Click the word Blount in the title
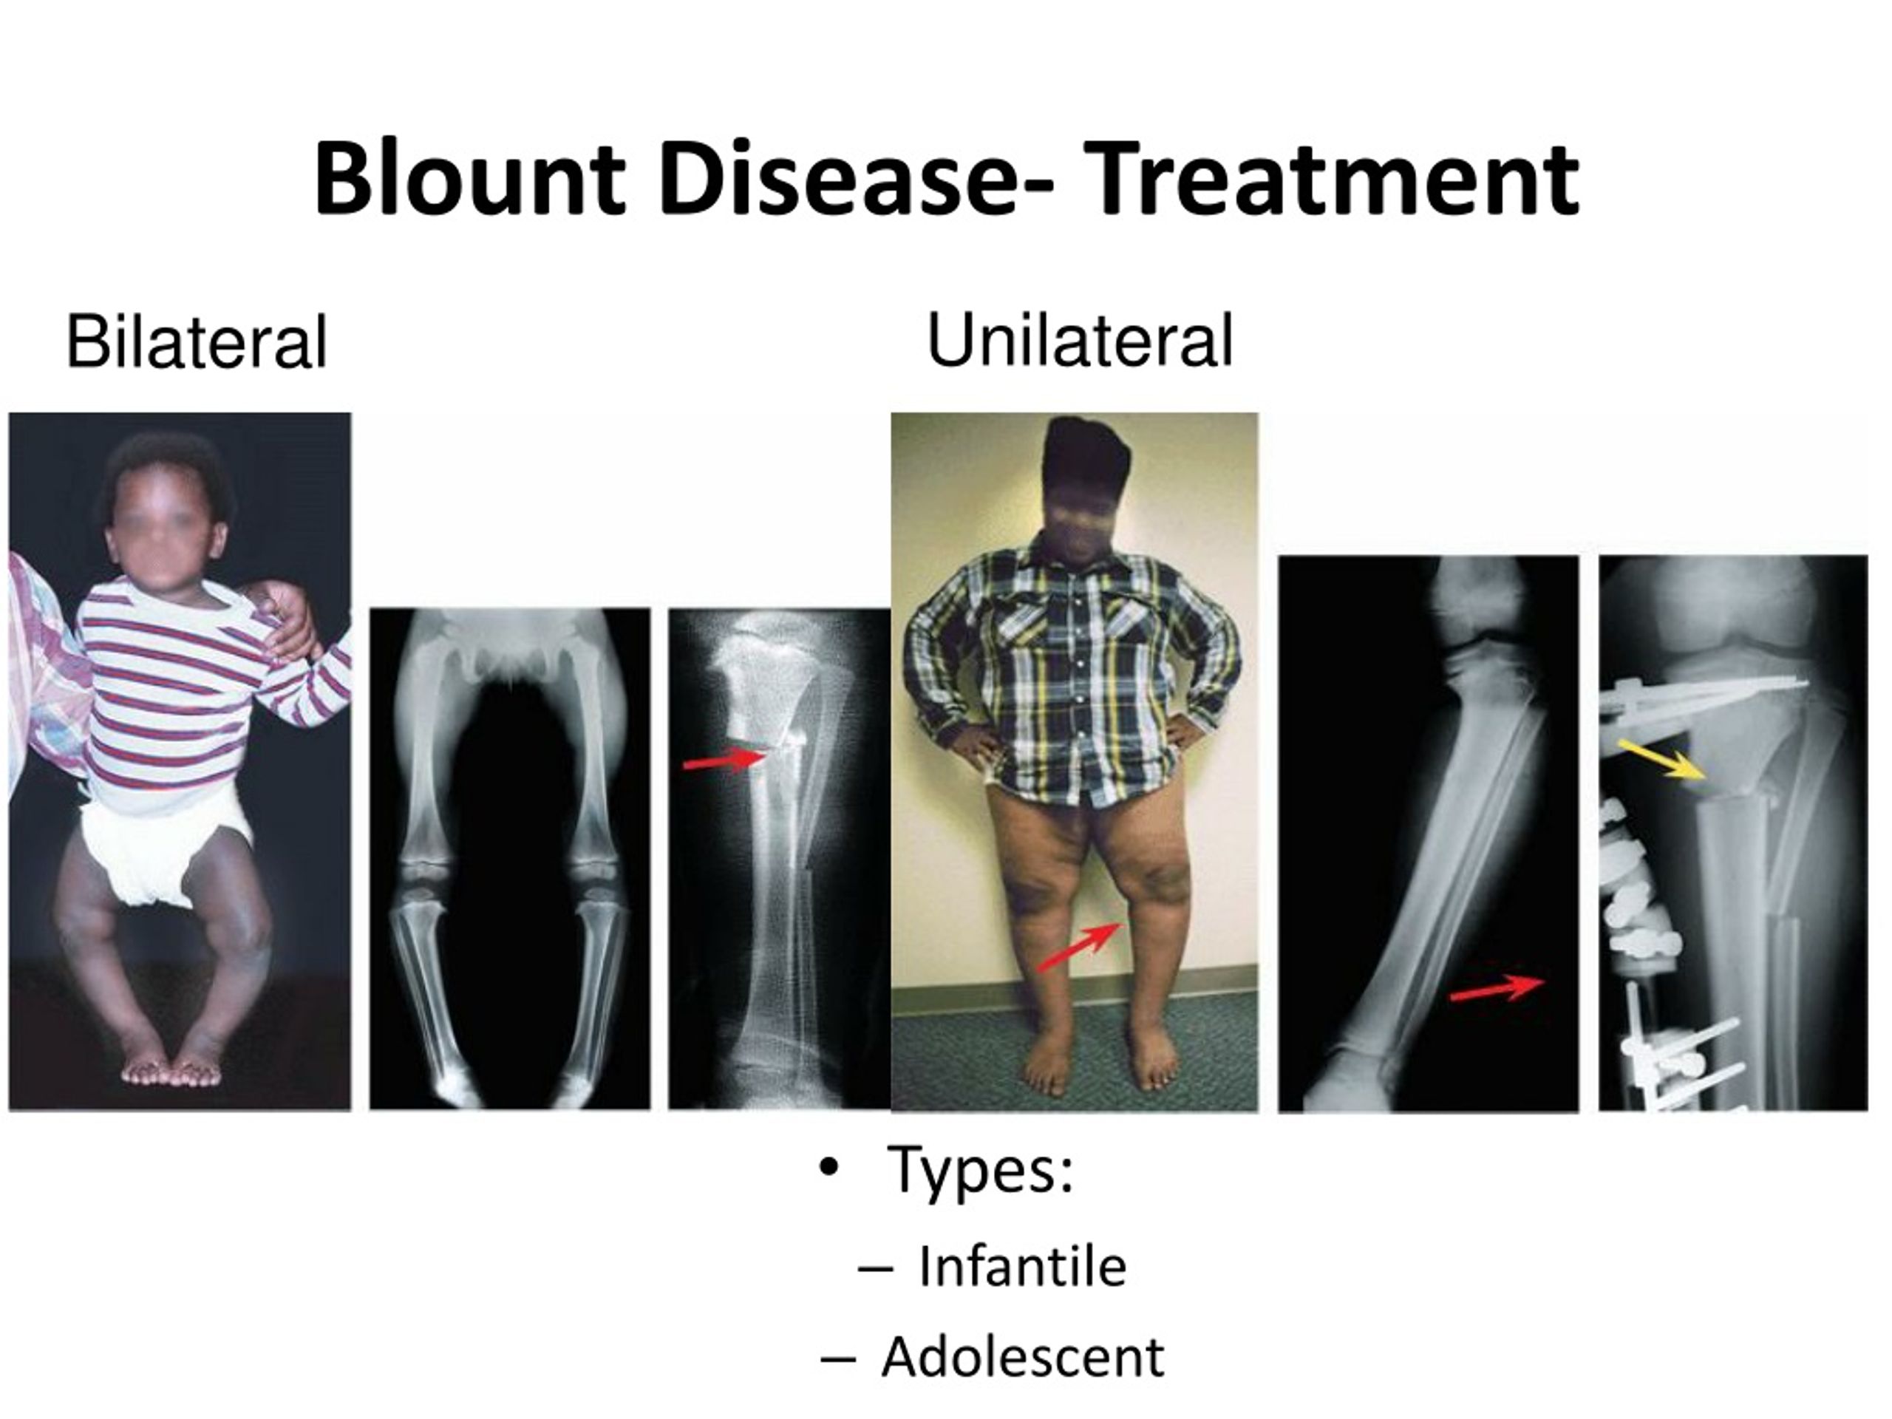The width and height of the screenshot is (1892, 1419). point(469,178)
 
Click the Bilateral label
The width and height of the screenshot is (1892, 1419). point(197,341)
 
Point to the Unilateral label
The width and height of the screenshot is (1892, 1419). point(1080,341)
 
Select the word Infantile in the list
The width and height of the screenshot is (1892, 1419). point(1022,1267)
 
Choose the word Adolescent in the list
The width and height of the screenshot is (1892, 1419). point(1022,1357)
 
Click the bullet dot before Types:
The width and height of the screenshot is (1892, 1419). point(827,1168)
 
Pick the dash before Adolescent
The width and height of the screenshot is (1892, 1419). point(837,1359)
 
